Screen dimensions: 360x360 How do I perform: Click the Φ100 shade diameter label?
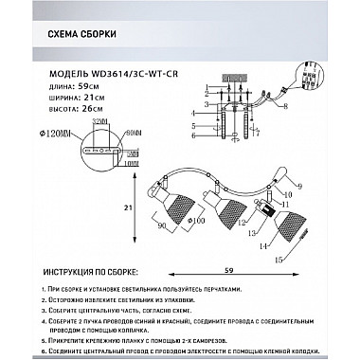coord(194,221)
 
